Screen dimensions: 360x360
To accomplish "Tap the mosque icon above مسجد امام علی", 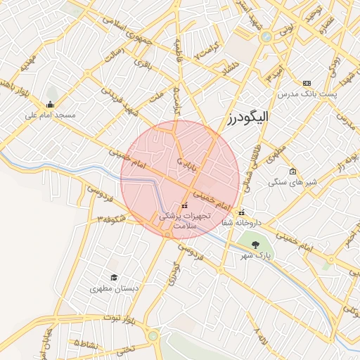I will pos(49,104).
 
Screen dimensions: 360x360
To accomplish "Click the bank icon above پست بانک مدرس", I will pos(306,83).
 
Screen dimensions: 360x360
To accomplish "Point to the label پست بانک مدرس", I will pos(306,93).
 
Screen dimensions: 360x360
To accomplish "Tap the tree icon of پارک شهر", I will pos(255,245).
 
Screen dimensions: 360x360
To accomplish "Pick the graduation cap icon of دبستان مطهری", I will pos(114,278).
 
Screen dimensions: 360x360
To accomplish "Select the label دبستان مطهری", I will pos(114,288).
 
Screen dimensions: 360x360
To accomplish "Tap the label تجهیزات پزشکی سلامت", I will pos(184,221).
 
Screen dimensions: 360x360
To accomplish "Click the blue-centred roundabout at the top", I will pos(266,37).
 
